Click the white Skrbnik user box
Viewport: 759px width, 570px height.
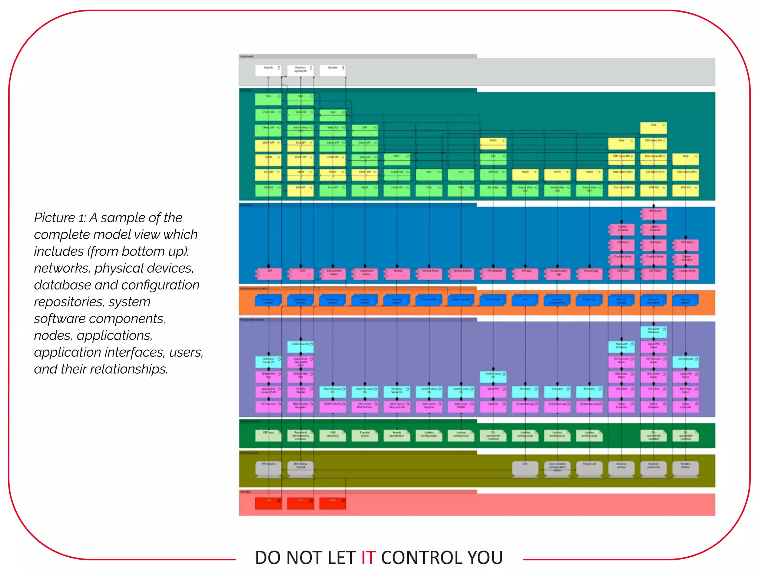pos(268,70)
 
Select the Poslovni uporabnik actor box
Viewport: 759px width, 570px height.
pos(300,70)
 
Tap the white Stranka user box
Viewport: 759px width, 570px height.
pos(332,70)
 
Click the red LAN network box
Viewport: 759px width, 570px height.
pos(268,503)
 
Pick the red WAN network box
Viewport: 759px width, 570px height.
pos(332,503)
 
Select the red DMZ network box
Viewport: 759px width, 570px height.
pos(301,503)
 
